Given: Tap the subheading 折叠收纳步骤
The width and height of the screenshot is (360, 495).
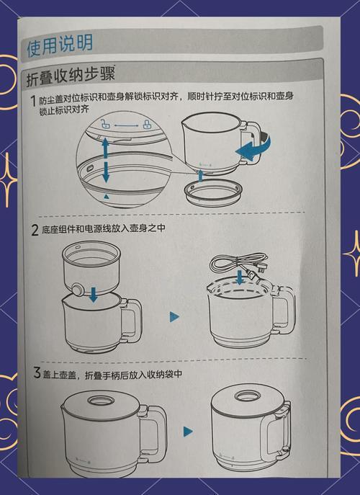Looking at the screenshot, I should coord(71,75).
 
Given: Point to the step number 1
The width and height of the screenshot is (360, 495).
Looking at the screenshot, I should coord(33,102).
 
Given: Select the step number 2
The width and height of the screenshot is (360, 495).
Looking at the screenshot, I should coord(34,231).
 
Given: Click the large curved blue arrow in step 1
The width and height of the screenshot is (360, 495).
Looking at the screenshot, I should coord(253,149).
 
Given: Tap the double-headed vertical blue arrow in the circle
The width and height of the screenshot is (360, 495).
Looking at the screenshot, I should coord(106,160).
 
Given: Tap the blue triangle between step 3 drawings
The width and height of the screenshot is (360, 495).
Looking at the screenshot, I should coord(188,432).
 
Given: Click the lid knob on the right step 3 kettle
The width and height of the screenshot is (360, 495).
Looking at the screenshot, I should coord(249,397).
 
